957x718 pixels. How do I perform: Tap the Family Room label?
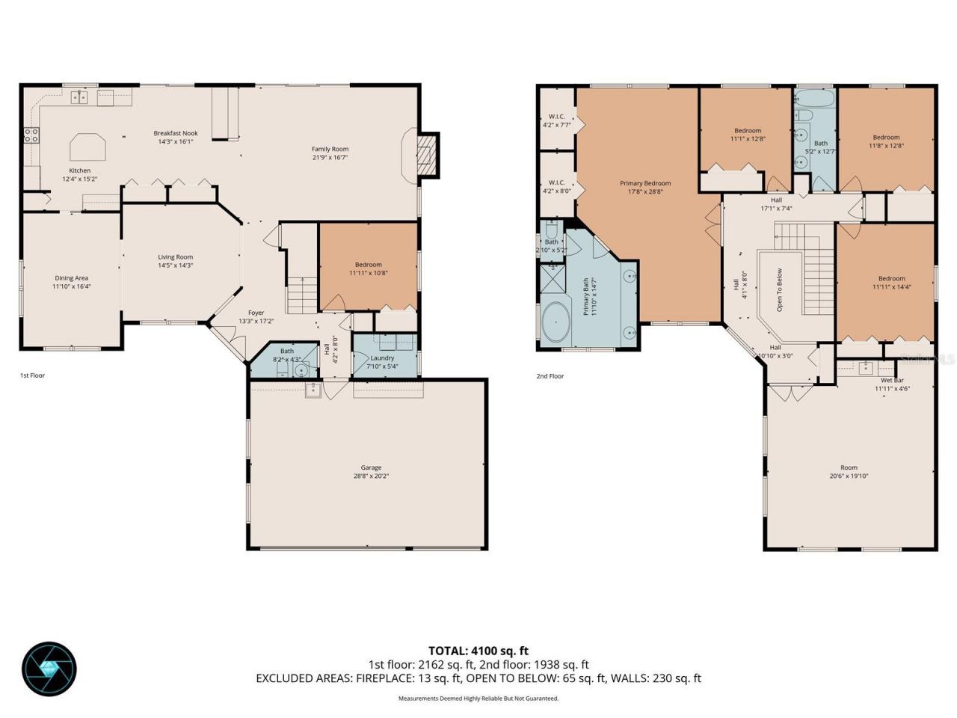point(330,149)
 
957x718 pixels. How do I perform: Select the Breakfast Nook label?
point(176,133)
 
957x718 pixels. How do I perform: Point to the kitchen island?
point(87,147)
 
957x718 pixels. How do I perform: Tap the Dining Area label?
point(71,278)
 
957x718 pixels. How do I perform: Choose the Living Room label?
point(176,257)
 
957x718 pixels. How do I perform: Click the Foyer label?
point(256,313)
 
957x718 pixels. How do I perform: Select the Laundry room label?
point(382,358)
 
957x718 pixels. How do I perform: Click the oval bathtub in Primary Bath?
point(556,322)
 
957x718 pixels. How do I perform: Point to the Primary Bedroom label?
point(644,183)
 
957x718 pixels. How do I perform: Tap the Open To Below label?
point(779,289)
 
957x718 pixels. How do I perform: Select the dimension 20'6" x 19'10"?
point(849,476)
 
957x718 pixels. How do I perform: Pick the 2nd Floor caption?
point(550,376)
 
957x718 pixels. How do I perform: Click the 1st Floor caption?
point(32,375)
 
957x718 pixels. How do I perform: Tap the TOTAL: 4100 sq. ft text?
point(478,651)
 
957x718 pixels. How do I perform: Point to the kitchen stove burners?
point(31,135)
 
